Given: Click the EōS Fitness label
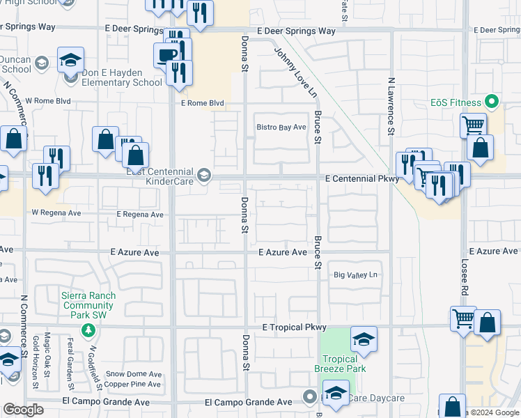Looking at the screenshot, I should tap(456, 103).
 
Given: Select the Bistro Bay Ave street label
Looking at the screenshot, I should tap(281, 127).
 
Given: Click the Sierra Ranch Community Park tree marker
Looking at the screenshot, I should tap(88, 329).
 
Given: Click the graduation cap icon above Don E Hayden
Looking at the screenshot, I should tap(70, 60).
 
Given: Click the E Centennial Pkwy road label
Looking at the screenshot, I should tap(362, 179).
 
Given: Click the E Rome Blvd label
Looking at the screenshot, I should tap(202, 103).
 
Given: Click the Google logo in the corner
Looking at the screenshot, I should tap(23, 410).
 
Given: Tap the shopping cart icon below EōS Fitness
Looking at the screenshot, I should tap(472, 125).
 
